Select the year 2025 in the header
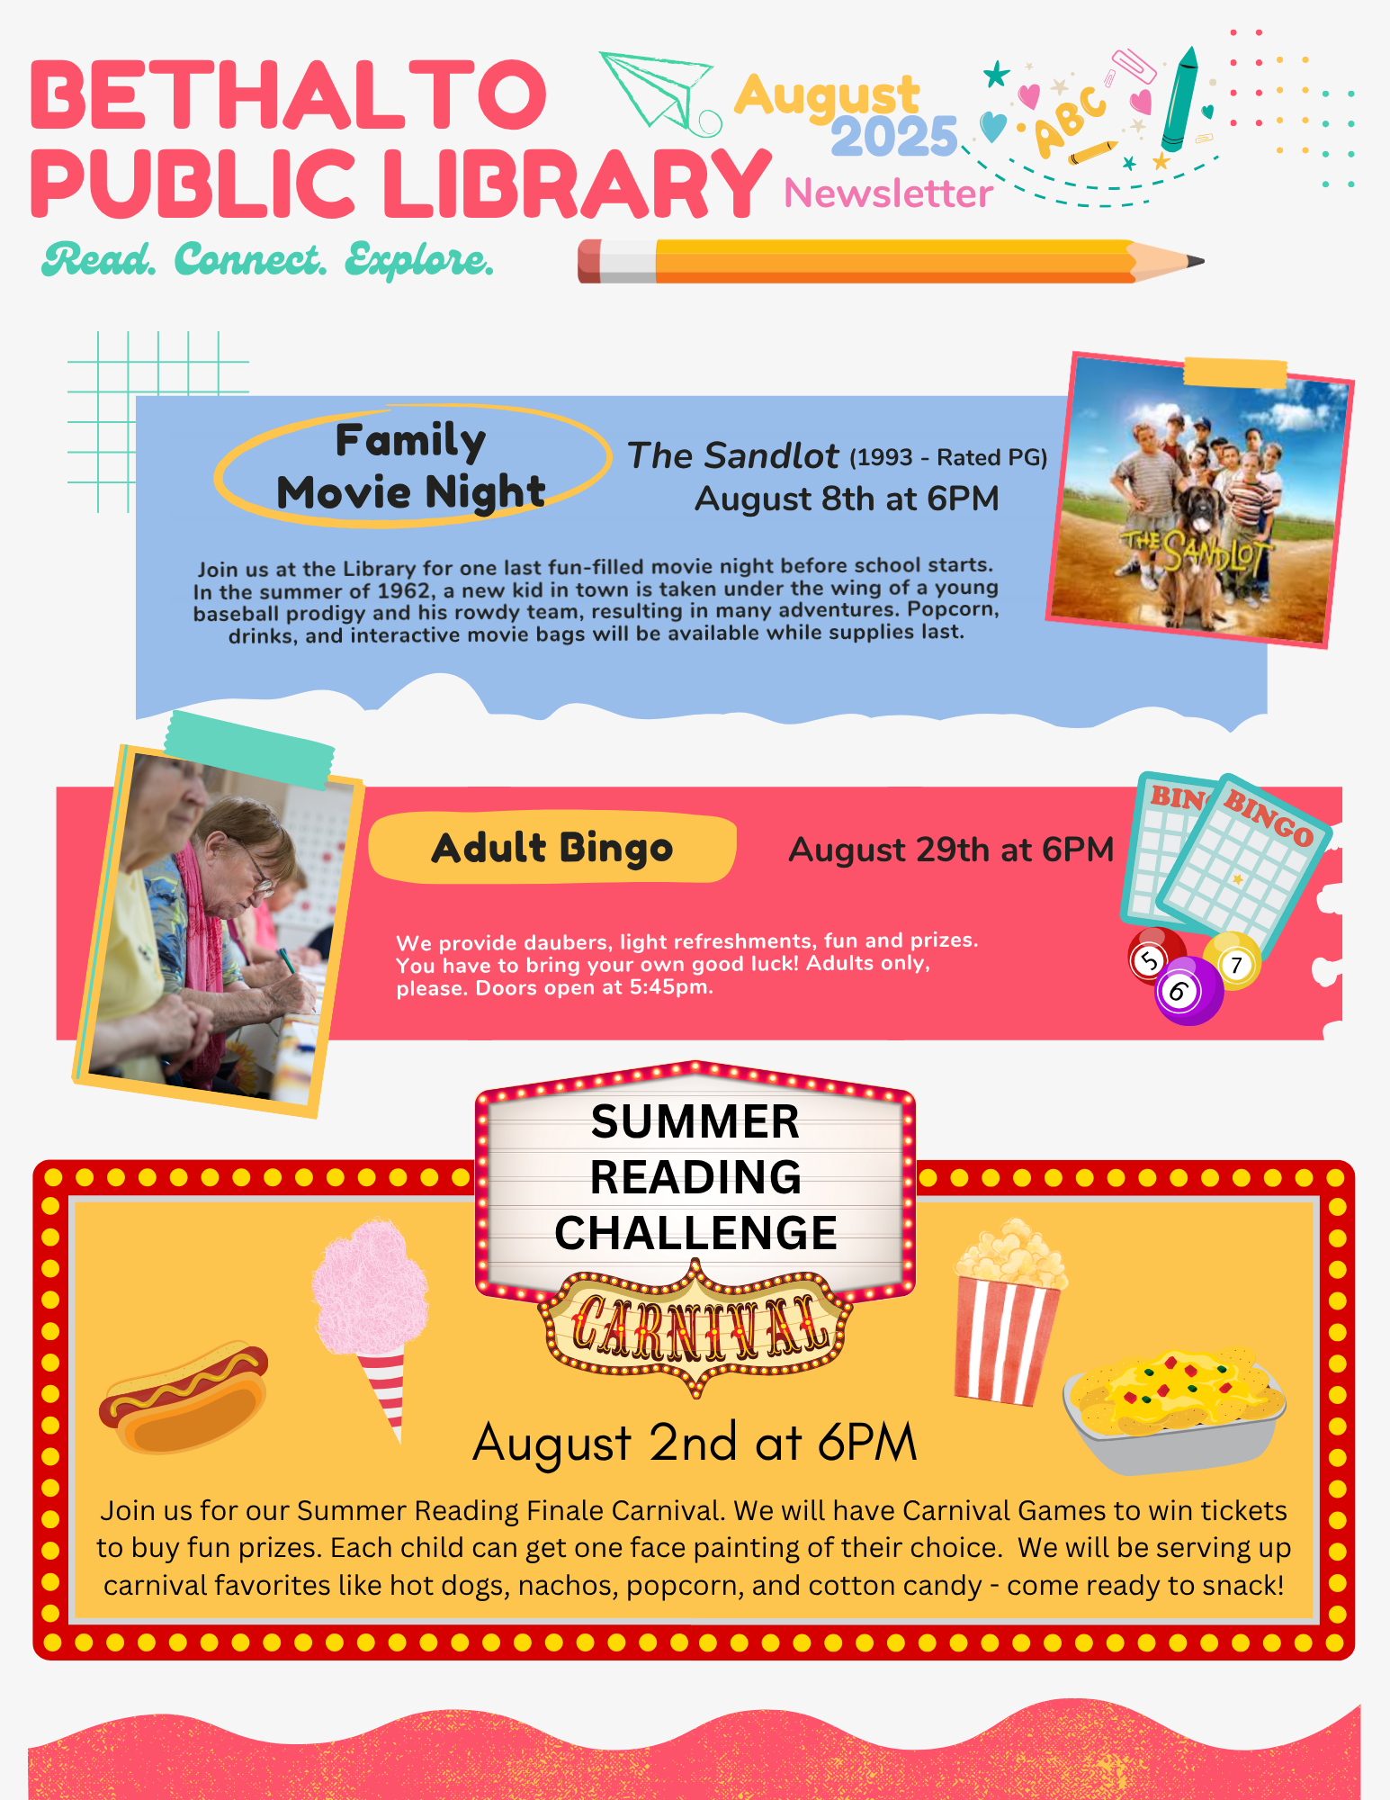point(893,137)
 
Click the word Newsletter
point(888,193)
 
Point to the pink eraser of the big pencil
point(590,261)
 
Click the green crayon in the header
point(1179,99)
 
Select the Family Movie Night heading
point(411,466)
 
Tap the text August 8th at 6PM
point(847,499)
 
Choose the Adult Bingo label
point(552,848)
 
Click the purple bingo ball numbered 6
point(1188,991)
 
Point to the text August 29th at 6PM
point(951,850)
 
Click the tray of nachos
point(1174,1408)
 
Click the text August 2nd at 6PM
point(695,1443)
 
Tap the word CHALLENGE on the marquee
point(695,1233)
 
